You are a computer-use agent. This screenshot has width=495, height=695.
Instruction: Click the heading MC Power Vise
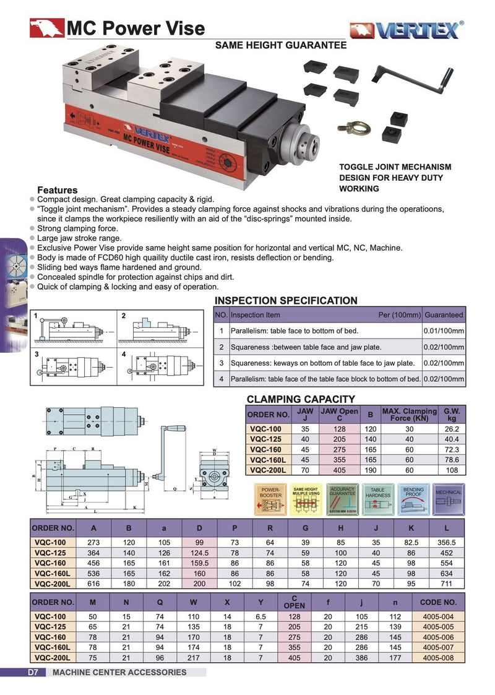tap(134, 28)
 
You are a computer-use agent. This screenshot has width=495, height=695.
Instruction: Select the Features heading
tap(58, 190)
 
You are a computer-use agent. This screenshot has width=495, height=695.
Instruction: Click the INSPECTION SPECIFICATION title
tap(285, 301)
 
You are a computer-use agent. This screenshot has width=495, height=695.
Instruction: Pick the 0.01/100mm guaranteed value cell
tap(444, 331)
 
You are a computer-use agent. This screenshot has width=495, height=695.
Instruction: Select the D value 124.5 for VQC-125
tap(199, 553)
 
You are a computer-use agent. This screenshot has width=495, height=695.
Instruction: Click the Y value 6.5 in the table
tap(260, 616)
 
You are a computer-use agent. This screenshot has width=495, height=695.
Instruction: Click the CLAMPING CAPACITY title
tap(301, 399)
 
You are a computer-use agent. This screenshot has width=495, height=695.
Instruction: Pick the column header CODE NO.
tap(438, 602)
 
